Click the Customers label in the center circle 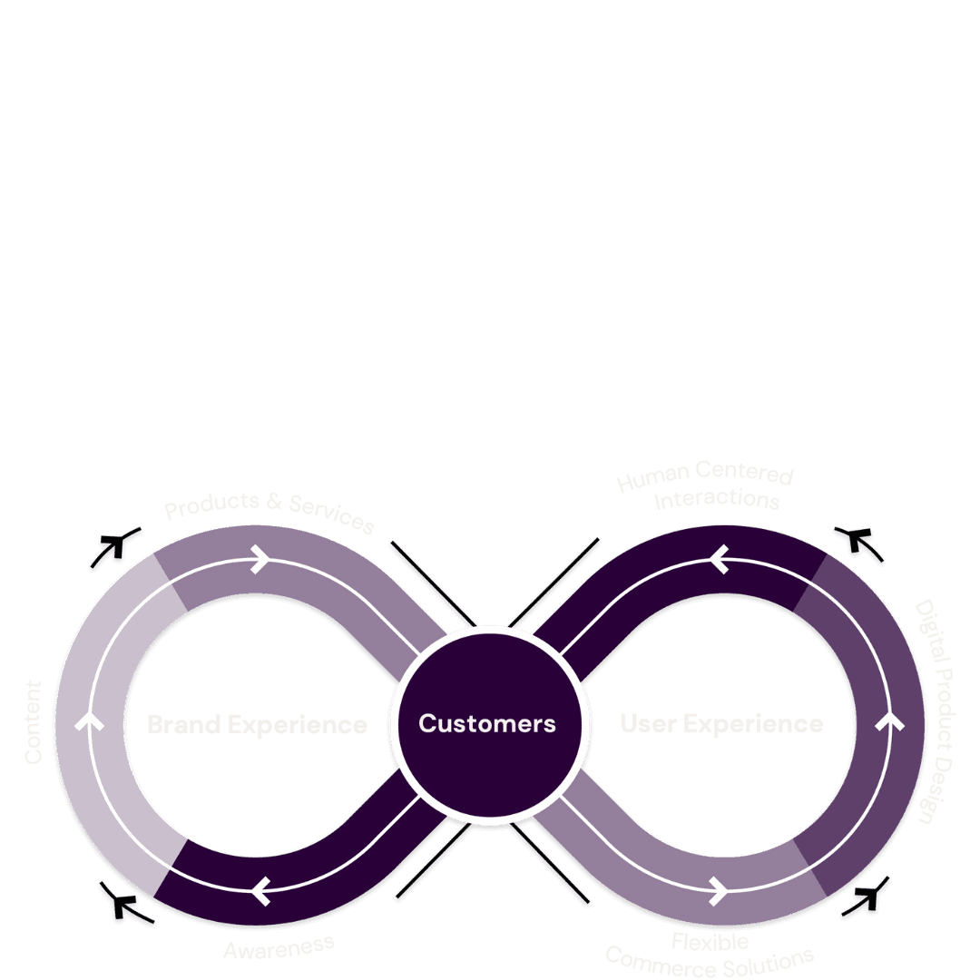[x=487, y=723]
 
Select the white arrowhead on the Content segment [x=88, y=722]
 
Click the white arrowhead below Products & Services [x=260, y=559]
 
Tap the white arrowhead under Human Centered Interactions [x=720, y=559]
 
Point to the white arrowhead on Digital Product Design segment [x=891, y=722]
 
